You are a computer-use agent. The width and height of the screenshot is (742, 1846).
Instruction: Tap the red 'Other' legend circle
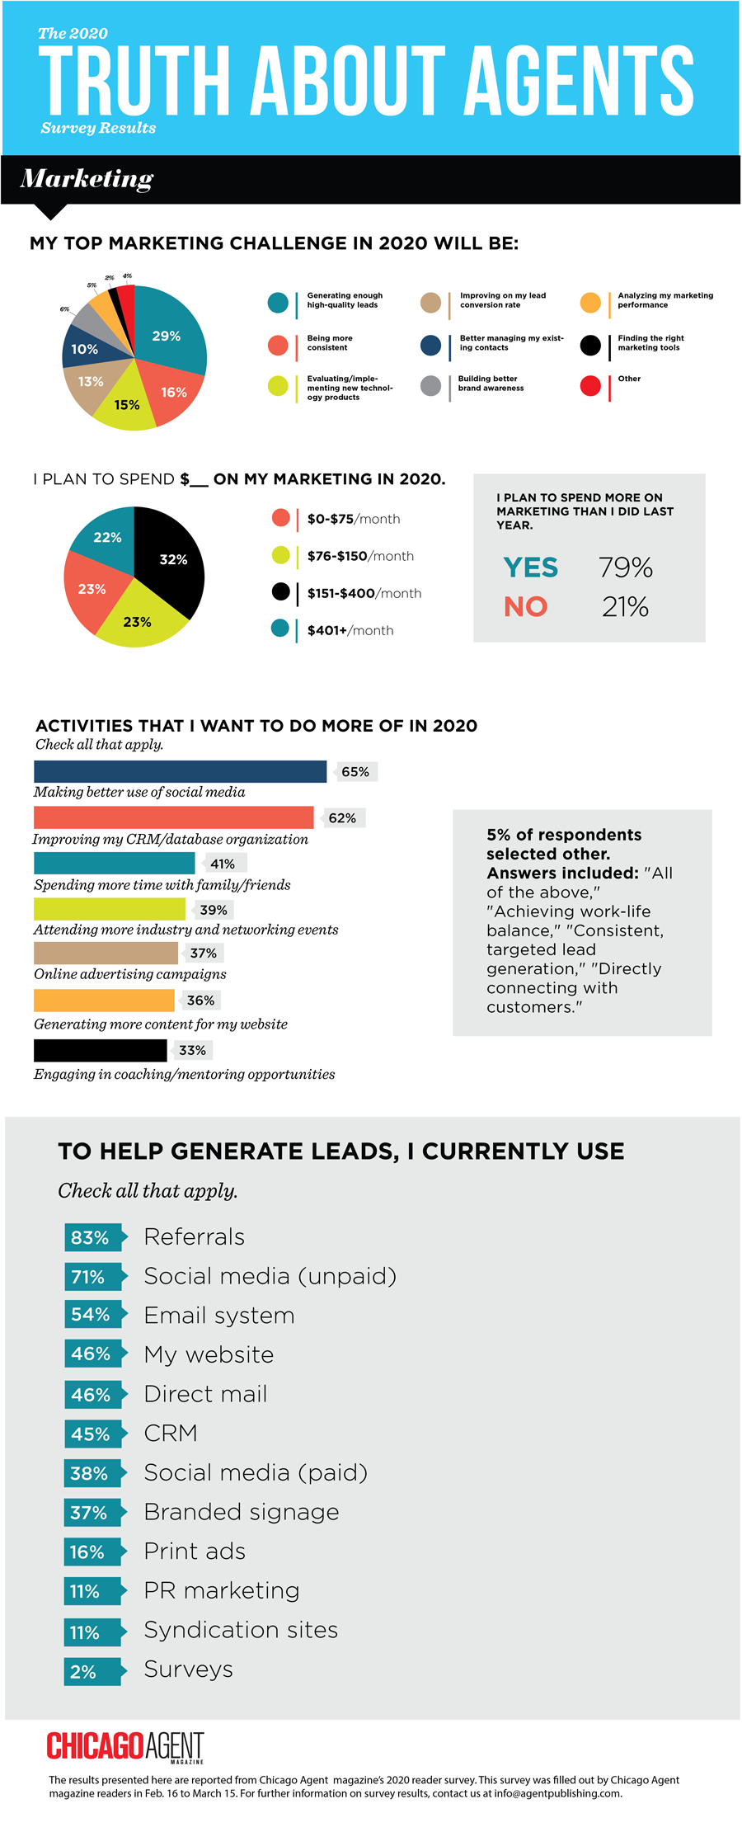tap(590, 386)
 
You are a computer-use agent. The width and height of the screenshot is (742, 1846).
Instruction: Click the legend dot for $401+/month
tap(280, 629)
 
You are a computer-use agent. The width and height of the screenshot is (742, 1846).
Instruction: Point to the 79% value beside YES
tap(626, 567)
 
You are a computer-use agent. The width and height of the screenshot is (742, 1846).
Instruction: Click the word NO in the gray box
tap(525, 607)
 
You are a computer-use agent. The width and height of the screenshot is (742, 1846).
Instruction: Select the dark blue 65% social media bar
tap(180, 771)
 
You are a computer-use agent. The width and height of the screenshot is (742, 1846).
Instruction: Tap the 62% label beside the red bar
tap(342, 818)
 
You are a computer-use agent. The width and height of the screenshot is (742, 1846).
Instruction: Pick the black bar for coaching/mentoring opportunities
tap(100, 1050)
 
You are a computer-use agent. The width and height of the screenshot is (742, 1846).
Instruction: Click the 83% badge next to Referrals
tap(91, 1237)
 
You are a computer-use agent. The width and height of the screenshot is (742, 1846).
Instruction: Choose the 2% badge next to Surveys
tap(84, 1672)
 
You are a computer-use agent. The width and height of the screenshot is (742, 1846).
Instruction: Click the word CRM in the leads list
tap(171, 1434)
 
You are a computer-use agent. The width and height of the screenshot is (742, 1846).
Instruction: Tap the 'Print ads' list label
tap(195, 1552)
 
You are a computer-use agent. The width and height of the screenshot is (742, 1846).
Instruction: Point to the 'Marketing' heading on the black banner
tap(87, 178)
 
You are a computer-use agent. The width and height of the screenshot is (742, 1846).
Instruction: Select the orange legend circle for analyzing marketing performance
tap(590, 303)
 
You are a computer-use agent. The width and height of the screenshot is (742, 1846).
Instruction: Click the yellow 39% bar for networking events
tap(109, 909)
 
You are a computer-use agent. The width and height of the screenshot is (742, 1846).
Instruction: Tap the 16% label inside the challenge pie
tap(174, 393)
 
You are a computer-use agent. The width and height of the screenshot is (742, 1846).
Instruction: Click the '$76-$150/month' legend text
tap(360, 556)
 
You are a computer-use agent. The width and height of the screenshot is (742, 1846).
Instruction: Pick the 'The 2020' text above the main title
tap(73, 34)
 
